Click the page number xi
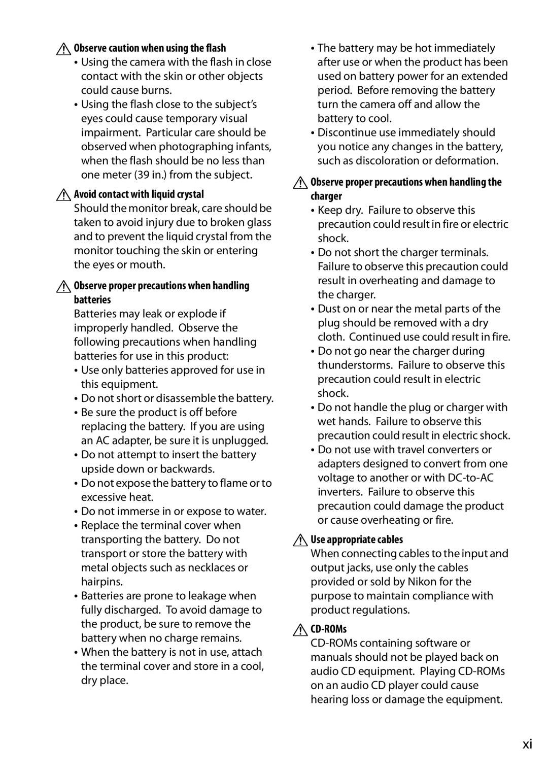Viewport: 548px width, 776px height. (x=527, y=744)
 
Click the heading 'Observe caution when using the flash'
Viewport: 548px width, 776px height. (x=150, y=48)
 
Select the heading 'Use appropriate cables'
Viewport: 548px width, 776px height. (x=357, y=539)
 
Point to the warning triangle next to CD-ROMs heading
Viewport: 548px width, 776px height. (x=300, y=630)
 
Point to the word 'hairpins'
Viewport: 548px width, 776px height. (x=101, y=582)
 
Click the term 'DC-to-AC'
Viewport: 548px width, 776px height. (x=471, y=478)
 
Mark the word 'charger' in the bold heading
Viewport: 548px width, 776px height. (x=326, y=196)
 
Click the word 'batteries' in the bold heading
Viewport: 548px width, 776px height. (x=92, y=300)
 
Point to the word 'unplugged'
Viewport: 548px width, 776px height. (x=240, y=441)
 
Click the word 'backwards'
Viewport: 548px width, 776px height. (x=186, y=469)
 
